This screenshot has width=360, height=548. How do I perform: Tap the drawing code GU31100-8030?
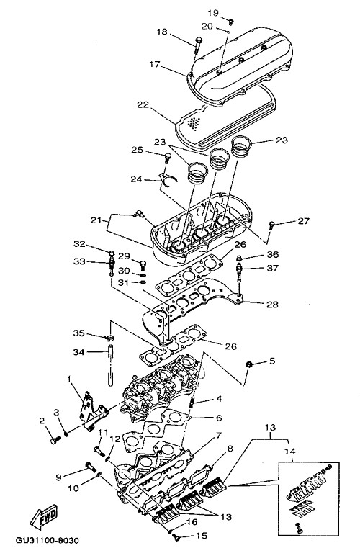tap(47, 540)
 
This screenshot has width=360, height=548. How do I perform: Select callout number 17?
tap(155, 64)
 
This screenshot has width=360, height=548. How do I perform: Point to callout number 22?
tap(143, 104)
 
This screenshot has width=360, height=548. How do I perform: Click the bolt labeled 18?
tap(199, 45)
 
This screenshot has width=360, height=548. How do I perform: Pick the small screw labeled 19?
tap(230, 22)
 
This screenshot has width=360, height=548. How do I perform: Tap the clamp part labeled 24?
tap(168, 179)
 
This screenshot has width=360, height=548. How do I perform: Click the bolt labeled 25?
tap(168, 158)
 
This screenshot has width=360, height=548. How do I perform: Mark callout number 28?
tap(272, 304)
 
